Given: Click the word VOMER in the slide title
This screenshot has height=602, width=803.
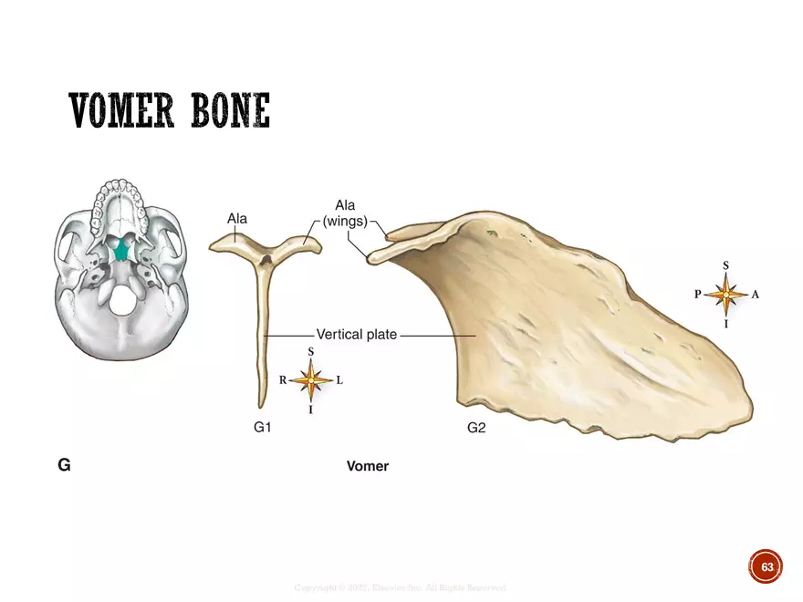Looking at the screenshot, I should [124, 111].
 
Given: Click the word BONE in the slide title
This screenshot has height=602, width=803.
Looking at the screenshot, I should [228, 111].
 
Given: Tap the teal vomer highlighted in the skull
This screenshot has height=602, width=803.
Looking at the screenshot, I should [118, 246].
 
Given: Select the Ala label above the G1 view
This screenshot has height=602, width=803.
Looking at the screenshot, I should [237, 219].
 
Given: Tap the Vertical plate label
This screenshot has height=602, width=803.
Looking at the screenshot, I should [356, 335].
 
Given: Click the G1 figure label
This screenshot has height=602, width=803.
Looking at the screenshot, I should [263, 427].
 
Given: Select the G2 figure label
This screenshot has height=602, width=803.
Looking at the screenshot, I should [476, 427].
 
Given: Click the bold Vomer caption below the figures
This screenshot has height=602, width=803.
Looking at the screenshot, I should [368, 466].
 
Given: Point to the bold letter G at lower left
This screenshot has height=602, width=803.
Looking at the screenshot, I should [64, 465].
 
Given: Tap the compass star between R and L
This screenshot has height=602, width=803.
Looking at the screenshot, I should [312, 380].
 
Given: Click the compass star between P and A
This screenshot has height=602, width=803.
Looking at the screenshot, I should [726, 295].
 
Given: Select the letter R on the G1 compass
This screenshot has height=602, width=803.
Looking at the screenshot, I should [283, 381].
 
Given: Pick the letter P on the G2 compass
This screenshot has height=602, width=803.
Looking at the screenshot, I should [697, 295].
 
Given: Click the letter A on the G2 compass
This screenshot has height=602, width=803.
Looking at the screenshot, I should [756, 295].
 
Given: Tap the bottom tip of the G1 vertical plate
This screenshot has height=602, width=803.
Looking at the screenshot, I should [261, 404].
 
